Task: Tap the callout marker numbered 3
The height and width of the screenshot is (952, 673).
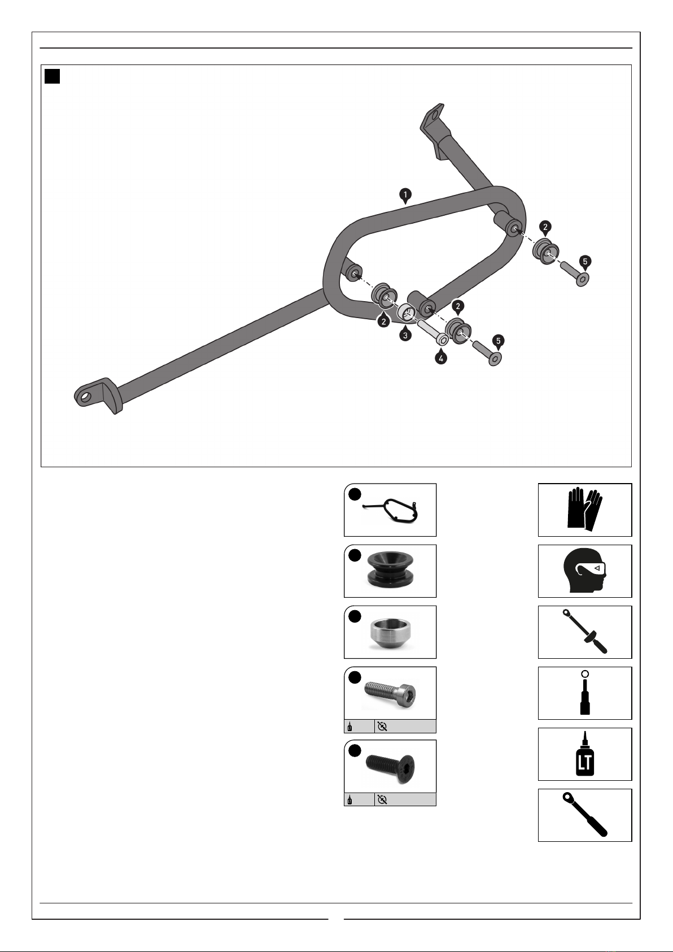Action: [x=405, y=334]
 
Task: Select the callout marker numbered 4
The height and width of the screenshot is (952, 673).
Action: [x=441, y=358]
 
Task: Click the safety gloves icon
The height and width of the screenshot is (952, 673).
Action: [x=585, y=509]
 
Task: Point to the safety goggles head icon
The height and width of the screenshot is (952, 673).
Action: [x=585, y=571]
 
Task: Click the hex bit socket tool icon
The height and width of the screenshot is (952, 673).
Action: [x=585, y=693]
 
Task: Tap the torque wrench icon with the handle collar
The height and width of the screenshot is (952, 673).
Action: [x=585, y=632]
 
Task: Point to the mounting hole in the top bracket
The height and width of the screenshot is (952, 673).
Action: [x=434, y=116]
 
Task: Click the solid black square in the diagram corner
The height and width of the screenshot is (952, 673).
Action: [x=53, y=76]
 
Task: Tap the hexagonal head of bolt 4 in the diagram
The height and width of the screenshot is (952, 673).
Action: [x=442, y=340]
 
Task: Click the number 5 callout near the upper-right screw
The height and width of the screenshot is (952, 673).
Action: [x=585, y=262]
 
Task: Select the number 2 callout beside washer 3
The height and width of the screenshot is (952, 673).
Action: [x=383, y=321]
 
